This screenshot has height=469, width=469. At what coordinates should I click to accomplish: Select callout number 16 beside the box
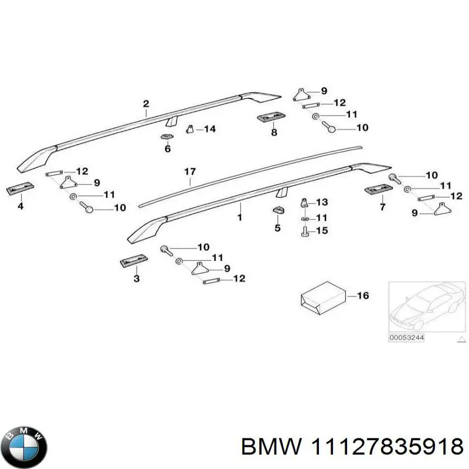pyautogui.click(x=363, y=295)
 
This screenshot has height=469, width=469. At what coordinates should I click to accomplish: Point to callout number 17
pyautogui.click(x=190, y=172)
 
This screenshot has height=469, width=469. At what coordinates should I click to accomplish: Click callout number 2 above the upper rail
pyautogui.click(x=146, y=104)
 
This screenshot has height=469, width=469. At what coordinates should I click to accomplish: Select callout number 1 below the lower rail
pyautogui.click(x=240, y=217)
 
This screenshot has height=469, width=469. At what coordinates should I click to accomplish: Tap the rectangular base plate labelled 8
pyautogui.click(x=271, y=117)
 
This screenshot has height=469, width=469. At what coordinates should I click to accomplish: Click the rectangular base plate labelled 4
pyautogui.click(x=20, y=188)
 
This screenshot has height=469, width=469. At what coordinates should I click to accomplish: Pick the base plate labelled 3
pyautogui.click(x=134, y=261)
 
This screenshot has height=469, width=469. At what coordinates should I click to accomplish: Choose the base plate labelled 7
pyautogui.click(x=378, y=189)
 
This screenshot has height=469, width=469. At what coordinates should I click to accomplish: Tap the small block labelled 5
pyautogui.click(x=278, y=210)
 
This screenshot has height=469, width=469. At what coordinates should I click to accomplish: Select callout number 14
pyautogui.click(x=210, y=129)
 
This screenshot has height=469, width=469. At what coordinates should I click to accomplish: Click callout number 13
pyautogui.click(x=322, y=202)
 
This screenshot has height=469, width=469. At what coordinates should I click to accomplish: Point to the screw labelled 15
pyautogui.click(x=304, y=232)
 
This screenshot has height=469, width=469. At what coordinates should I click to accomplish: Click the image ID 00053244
pyautogui.click(x=406, y=338)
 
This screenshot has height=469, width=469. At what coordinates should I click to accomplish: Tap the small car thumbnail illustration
pyautogui.click(x=427, y=307)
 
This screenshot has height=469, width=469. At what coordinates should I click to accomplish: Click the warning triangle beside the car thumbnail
pyautogui.click(x=462, y=339)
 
